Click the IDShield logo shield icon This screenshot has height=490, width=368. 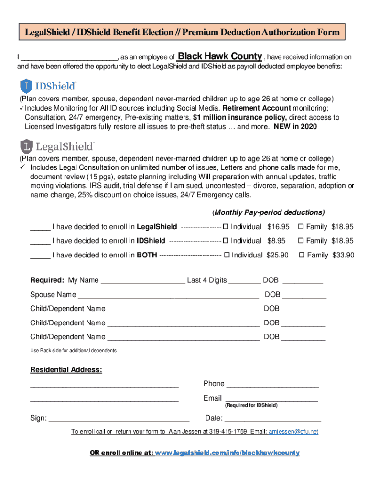pyautogui.click(x=26, y=87)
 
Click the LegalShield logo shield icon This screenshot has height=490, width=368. pyautogui.click(x=26, y=146)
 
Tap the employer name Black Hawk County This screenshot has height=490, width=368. pyautogui.click(x=219, y=56)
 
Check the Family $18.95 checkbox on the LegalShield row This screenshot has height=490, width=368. pyautogui.click(x=301, y=226)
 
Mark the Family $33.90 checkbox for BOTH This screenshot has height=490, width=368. pyautogui.click(x=302, y=255)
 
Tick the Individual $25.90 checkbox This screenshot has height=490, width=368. pyautogui.click(x=227, y=255)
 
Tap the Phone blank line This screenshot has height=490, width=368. pyautogui.click(x=272, y=384)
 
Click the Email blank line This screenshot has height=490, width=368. pyautogui.click(x=271, y=399)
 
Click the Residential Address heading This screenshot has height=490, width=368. pyautogui.click(x=66, y=370)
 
